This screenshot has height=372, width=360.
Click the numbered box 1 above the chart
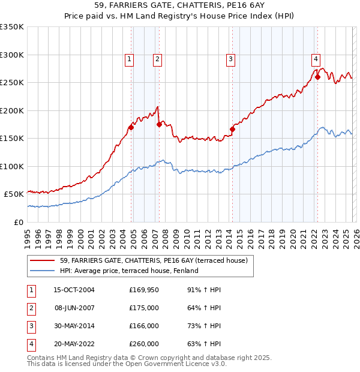pyautogui.click(x=130, y=59)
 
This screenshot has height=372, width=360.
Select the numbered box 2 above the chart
pyautogui.click(x=157, y=59)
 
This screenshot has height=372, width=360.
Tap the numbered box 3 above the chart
pyautogui.click(x=230, y=59)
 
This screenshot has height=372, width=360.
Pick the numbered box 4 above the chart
pyautogui.click(x=315, y=59)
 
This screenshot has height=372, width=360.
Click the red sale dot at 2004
pyautogui.click(x=131, y=127)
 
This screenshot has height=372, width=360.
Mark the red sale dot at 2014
pyautogui.click(x=232, y=128)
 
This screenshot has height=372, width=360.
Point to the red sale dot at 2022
pyautogui.click(x=317, y=77)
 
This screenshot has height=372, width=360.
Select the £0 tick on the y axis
pyautogui.click(x=18, y=222)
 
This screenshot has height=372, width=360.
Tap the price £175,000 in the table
pyautogui.click(x=144, y=308)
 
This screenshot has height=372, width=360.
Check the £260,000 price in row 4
pyautogui.click(x=144, y=344)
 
